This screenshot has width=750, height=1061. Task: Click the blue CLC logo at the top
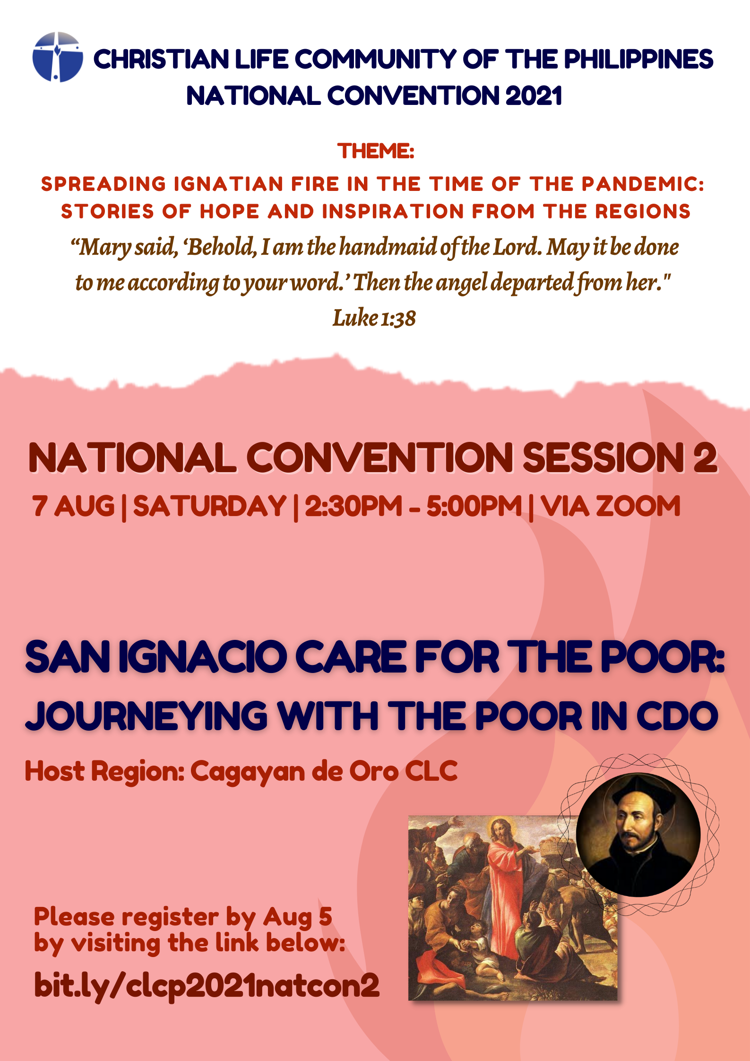[x=58, y=57]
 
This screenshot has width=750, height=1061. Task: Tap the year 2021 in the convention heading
[x=533, y=96]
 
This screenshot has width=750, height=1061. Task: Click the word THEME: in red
[x=376, y=151]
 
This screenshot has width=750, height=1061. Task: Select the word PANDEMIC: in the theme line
[x=643, y=184]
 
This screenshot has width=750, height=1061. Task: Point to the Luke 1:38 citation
[x=374, y=318]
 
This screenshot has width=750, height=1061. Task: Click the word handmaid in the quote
[x=388, y=247]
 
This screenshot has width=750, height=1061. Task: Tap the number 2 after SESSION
[x=706, y=457]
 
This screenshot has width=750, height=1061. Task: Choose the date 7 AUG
[x=73, y=506]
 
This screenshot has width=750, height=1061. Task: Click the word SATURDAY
[x=210, y=506]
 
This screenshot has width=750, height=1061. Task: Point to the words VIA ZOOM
[x=611, y=506]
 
